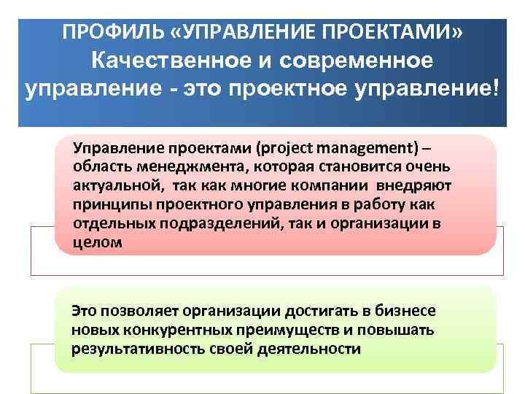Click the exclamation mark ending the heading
pyautogui.click(x=497, y=91)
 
